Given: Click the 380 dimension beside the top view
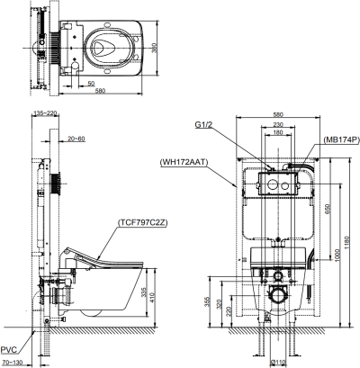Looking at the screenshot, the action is click(x=154, y=48).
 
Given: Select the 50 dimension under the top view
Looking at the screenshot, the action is click(x=91, y=84).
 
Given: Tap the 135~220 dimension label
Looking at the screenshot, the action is click(x=45, y=113).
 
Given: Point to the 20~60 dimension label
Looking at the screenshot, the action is click(x=76, y=139).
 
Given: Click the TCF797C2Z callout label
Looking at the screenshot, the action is click(x=142, y=223).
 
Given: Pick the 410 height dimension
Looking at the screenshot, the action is click(x=152, y=297).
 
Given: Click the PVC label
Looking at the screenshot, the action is click(x=9, y=350).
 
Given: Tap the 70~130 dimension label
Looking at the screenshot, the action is click(x=12, y=363).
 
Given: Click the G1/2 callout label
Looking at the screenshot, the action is click(x=203, y=124).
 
